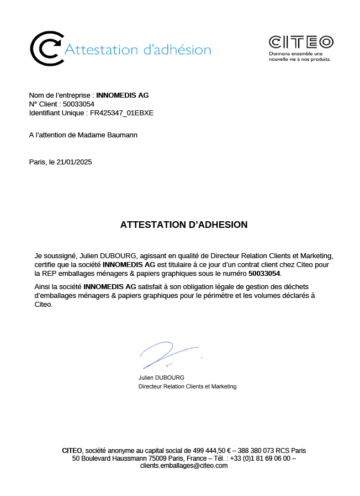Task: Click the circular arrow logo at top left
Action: [46, 49]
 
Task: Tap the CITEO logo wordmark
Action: [301, 42]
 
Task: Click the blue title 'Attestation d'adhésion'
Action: [138, 50]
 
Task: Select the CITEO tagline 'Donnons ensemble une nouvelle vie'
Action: [299, 56]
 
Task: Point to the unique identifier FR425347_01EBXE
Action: [121, 113]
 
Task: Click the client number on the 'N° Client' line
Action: [78, 104]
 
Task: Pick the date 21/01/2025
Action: [74, 162]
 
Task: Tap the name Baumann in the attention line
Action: [123, 135]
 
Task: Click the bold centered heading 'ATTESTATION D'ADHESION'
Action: [184, 225]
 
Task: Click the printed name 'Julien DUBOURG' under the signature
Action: [161, 377]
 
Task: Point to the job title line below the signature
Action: [187, 386]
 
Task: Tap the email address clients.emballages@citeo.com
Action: [184, 466]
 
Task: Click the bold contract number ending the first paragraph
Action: [264, 273]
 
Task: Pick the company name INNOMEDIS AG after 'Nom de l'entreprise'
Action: [123, 95]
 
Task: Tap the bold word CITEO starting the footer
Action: [72, 451]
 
